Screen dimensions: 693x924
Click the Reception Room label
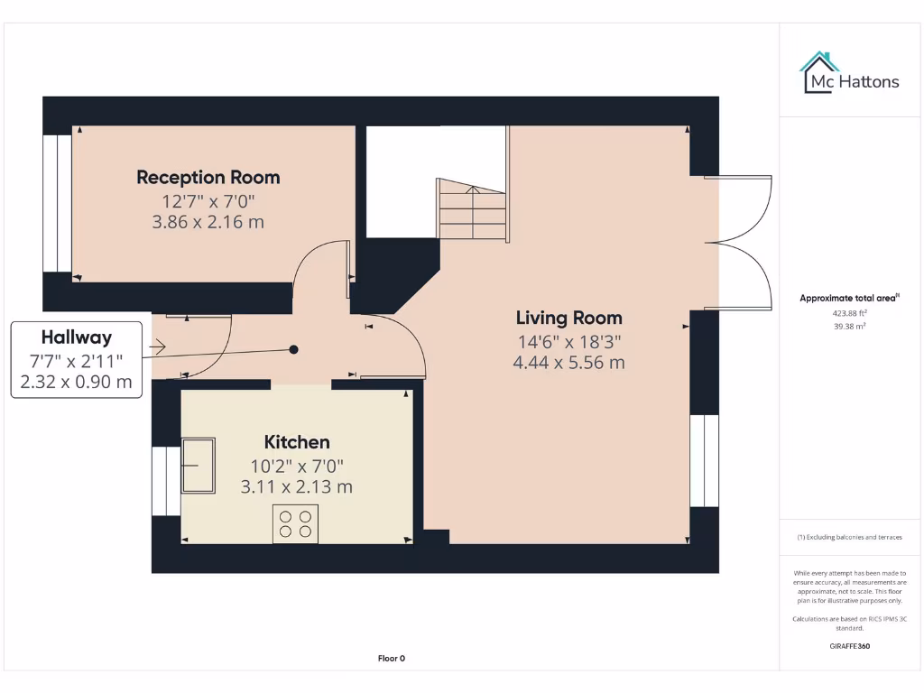tap(208, 177)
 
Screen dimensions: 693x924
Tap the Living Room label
tap(568, 318)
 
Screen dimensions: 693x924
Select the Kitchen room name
tap(296, 442)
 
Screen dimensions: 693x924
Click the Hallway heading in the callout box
tap(76, 337)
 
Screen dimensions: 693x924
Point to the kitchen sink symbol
tap(199, 465)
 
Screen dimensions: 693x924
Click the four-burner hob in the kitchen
tap(296, 524)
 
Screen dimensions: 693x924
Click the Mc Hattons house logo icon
tap(819, 72)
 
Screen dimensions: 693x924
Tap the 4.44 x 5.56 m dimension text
tap(568, 363)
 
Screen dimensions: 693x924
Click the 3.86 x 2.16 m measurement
tap(208, 222)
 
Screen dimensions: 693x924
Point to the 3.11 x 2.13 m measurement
tap(296, 487)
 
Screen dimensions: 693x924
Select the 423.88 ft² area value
tap(849, 313)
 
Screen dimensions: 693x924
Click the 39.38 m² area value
tap(849, 327)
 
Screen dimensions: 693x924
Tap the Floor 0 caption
tap(391, 659)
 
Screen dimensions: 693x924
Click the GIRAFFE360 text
tap(849, 646)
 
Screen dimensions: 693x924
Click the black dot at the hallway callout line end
tap(293, 349)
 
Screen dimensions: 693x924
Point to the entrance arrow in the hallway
tap(159, 346)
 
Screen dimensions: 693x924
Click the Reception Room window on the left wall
tap(57, 203)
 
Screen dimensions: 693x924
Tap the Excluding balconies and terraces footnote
tap(849, 537)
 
